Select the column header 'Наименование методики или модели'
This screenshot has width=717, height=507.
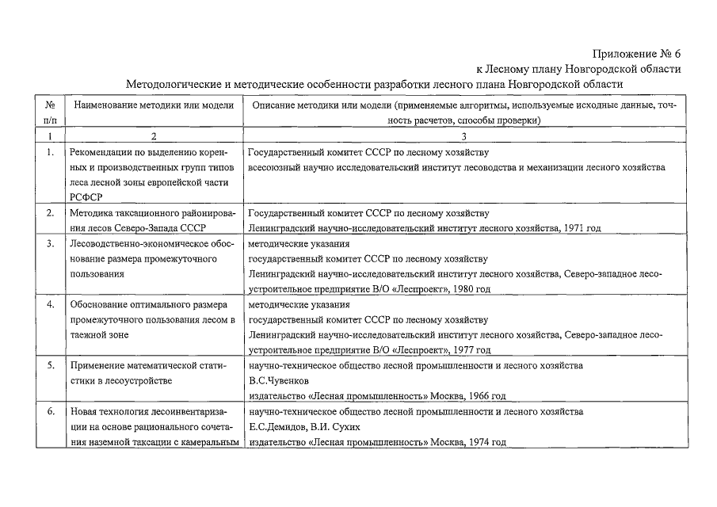pos(154,105)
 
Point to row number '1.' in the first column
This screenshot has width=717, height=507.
pos(50,152)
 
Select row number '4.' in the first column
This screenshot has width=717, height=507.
pos(50,305)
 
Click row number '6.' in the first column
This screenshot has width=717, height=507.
pos(50,412)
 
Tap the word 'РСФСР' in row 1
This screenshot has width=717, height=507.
pos(87,197)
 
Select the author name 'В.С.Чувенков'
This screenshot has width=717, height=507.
pos(278,381)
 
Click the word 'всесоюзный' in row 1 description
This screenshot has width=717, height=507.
pos(277,167)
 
